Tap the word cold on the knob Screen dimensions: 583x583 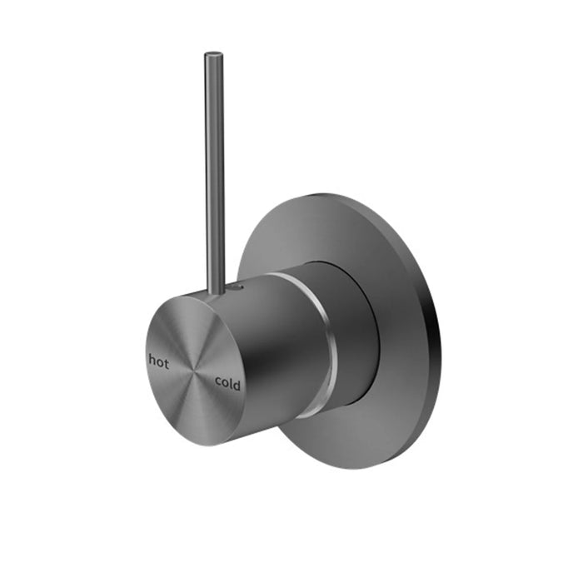pos(227,383)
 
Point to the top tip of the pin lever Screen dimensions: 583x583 pos(212,57)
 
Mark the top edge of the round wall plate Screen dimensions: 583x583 pos(333,197)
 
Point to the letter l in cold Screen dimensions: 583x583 pos(232,383)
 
